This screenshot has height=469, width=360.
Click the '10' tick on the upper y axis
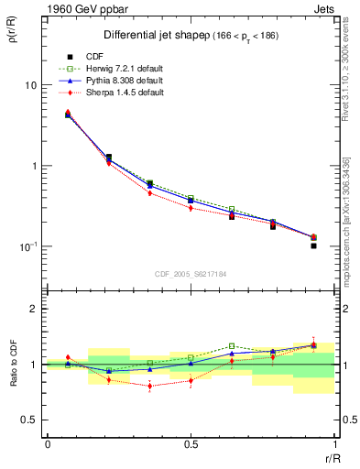[x=29, y=85]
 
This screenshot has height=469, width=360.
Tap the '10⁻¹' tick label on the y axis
[x=27, y=247]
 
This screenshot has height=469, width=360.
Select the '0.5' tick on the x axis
[x=191, y=444]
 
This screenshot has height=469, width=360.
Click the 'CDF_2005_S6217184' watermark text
[x=191, y=273]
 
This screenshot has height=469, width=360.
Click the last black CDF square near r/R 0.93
[x=313, y=245]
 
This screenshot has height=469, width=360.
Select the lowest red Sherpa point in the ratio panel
[x=149, y=386]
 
